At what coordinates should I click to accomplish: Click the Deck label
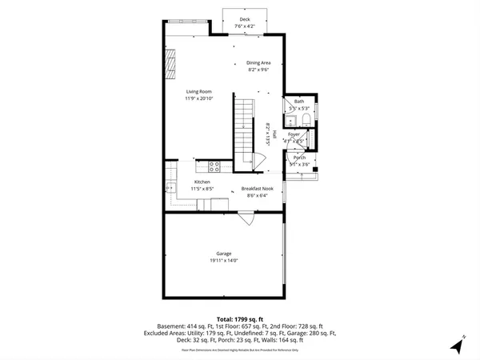(x=243, y=19)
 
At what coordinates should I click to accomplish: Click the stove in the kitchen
(x=214, y=167)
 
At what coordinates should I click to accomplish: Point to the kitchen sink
(x=170, y=188)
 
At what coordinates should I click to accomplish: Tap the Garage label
(x=223, y=254)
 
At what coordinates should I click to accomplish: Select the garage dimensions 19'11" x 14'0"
(x=223, y=261)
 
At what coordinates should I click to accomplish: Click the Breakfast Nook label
(x=258, y=189)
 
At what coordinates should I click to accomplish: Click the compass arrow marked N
(x=458, y=346)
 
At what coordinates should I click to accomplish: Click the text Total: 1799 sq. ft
(x=240, y=319)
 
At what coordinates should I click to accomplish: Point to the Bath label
(x=299, y=102)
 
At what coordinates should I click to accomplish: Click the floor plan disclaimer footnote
(x=240, y=350)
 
